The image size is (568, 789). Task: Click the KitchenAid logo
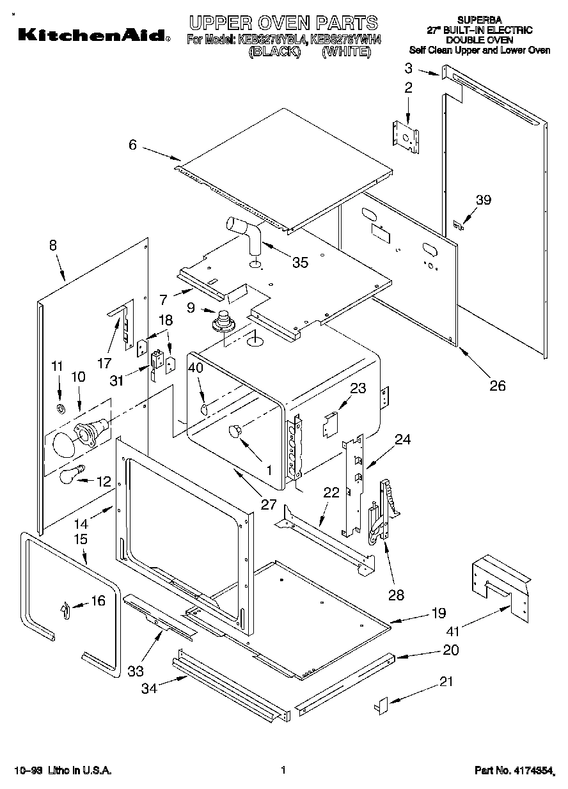click(x=93, y=35)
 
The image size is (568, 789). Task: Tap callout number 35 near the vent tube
click(x=299, y=262)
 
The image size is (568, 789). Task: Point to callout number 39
click(x=484, y=200)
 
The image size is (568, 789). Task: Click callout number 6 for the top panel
click(x=132, y=145)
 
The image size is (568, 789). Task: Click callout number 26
click(x=497, y=385)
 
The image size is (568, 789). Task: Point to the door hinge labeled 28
click(x=383, y=512)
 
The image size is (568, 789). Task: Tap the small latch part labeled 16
click(x=65, y=611)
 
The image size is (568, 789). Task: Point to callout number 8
click(x=52, y=244)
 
